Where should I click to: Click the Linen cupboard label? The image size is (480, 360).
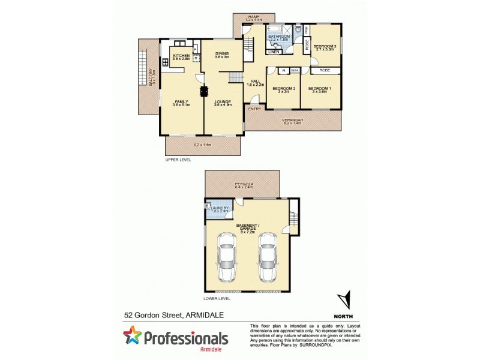tap(274, 51)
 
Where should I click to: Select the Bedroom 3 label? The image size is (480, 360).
tap(324, 47)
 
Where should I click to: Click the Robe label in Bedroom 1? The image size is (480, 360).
tap(324, 70)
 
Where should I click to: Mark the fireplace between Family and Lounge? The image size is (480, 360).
tap(203, 91)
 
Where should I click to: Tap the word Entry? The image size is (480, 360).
tap(254, 109)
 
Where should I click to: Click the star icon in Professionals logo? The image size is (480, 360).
tap(134, 337)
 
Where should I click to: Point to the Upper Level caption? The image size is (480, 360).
tap(178, 161)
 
